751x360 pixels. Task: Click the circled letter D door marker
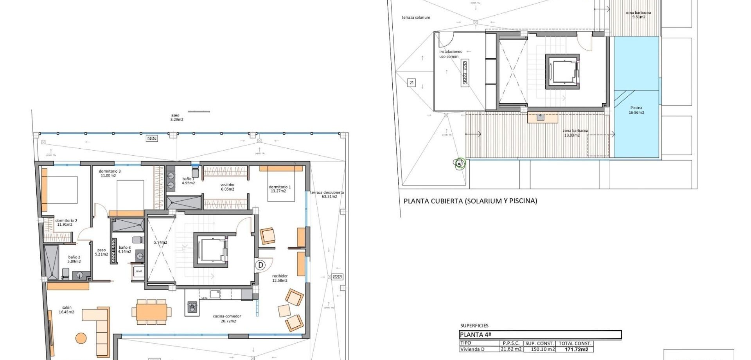point(261,265)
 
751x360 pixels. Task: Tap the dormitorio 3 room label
point(110,173)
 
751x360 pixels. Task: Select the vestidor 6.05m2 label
point(227,187)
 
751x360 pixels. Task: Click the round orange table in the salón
point(81,338)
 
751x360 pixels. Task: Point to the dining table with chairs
point(151,312)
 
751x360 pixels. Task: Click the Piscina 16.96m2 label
point(636,110)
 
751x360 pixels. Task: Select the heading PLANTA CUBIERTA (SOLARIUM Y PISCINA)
point(470,201)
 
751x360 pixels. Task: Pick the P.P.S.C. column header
point(511,343)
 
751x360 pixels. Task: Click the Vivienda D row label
point(472,349)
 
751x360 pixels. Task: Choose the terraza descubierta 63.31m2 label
point(327,194)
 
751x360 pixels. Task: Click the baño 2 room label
point(74,259)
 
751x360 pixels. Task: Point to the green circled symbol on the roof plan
point(460,164)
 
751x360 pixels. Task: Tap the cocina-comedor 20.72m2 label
point(227,319)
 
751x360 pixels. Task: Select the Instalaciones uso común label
point(450,54)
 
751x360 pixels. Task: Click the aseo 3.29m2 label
point(176,117)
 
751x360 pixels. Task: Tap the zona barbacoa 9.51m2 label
point(638,15)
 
